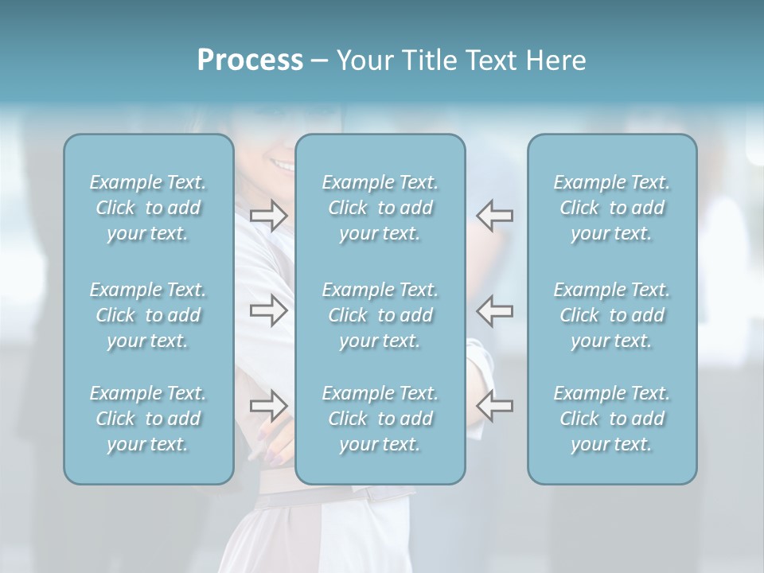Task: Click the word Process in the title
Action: click(249, 60)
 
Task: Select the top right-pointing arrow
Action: click(268, 216)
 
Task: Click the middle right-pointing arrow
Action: click(268, 310)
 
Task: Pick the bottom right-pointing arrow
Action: click(268, 406)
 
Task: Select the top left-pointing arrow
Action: click(495, 216)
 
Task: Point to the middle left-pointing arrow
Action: click(495, 310)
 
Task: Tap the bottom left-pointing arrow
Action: click(495, 406)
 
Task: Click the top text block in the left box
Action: click(148, 208)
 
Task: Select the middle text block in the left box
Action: click(148, 315)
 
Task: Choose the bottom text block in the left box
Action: click(148, 419)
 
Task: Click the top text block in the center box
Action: click(380, 208)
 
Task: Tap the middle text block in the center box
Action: click(380, 315)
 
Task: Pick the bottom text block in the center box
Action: click(380, 419)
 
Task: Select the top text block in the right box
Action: click(612, 208)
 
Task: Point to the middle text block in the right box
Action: click(612, 315)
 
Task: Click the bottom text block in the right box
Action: click(612, 419)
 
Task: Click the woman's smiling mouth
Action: click(281, 164)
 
